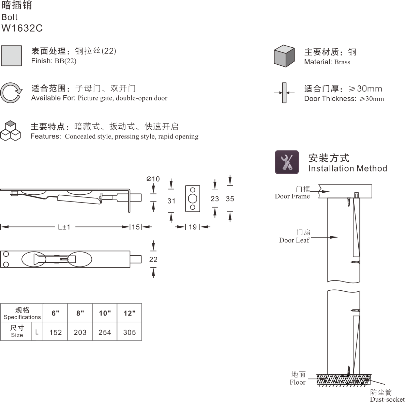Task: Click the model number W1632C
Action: tap(22, 28)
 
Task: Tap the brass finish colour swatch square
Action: tap(12, 56)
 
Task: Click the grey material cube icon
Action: tap(284, 56)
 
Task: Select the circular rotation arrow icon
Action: tap(11, 92)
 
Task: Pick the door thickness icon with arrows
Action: tap(284, 93)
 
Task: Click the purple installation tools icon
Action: tap(287, 162)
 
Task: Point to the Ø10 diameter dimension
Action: tap(153, 179)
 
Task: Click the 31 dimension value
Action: tap(171, 201)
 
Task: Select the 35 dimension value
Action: tap(230, 199)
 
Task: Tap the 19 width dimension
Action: tap(193, 227)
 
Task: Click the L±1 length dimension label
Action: tap(64, 227)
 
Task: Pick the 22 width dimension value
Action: tap(153, 259)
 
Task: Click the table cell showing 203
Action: tap(80, 332)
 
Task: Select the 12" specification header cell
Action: tap(130, 313)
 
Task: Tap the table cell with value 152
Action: tap(56, 332)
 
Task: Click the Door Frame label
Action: tap(292, 196)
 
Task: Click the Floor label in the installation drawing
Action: tap(298, 382)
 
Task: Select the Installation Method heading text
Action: tap(347, 168)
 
